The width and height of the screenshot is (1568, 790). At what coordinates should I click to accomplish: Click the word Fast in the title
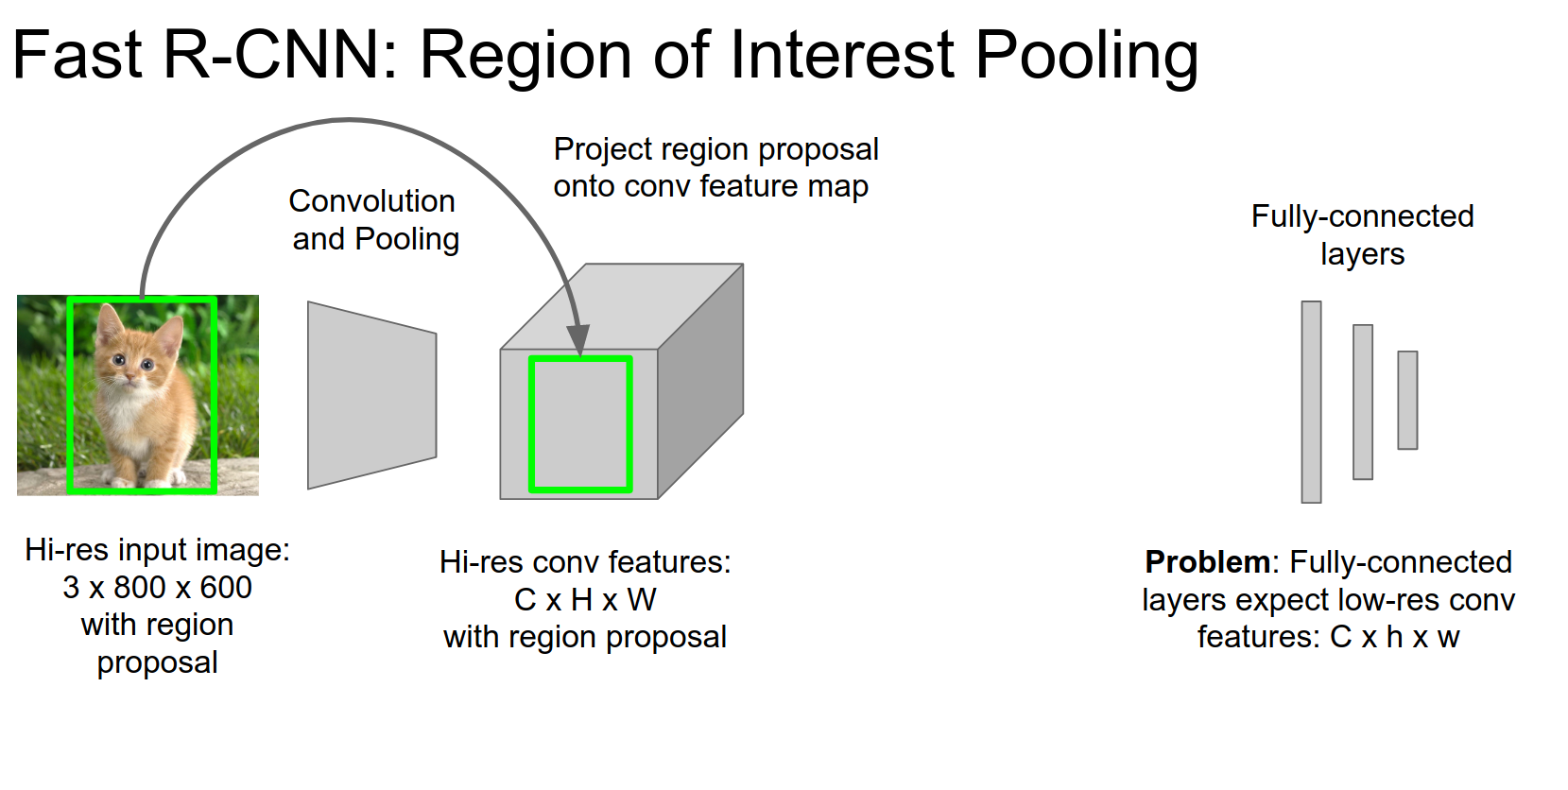(78, 55)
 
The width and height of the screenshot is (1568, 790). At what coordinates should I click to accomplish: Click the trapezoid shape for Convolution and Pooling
(371, 395)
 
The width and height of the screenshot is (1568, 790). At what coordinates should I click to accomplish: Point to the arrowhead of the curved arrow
(577, 341)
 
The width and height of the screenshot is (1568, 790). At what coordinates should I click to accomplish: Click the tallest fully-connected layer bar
(1311, 402)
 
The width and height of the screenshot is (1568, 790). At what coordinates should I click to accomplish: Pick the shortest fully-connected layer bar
(1407, 400)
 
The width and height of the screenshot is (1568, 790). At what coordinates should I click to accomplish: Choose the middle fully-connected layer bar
(1362, 402)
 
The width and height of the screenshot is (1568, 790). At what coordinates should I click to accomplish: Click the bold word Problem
(1207, 562)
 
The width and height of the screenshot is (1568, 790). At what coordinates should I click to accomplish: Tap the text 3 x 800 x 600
(157, 588)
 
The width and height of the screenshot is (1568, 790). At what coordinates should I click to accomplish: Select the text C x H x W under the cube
(585, 600)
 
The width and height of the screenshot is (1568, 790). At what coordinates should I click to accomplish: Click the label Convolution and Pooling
(374, 220)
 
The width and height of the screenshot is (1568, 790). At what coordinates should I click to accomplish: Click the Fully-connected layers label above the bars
(1362, 234)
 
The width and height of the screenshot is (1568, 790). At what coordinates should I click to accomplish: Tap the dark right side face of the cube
(700, 383)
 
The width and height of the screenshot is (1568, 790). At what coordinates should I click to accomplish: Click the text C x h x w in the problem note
(1394, 638)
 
